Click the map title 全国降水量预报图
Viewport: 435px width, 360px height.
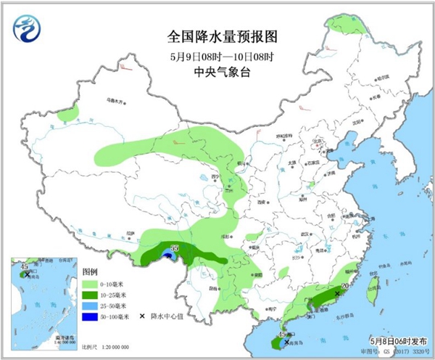tap(217, 35)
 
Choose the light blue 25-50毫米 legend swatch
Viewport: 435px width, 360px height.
tap(93, 306)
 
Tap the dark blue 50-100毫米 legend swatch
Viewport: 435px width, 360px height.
tap(93, 316)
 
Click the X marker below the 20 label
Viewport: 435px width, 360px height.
tap(337, 294)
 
